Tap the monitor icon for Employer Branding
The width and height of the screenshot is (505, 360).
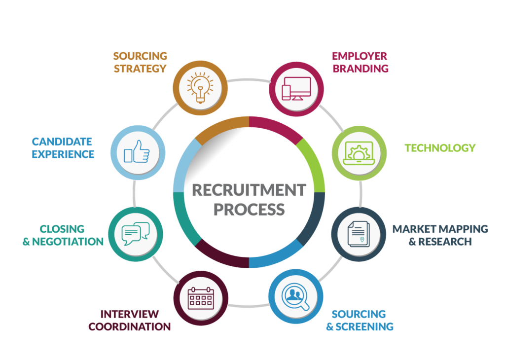click(x=296, y=89)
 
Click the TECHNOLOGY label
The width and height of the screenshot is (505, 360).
click(x=440, y=148)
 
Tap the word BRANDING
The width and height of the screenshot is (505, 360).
click(x=361, y=69)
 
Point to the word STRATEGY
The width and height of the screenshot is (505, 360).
click(x=140, y=69)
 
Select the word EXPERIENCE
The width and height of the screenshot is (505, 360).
click(x=63, y=154)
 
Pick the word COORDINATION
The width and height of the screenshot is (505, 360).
click(x=130, y=326)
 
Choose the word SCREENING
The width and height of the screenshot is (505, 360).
click(x=364, y=326)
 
